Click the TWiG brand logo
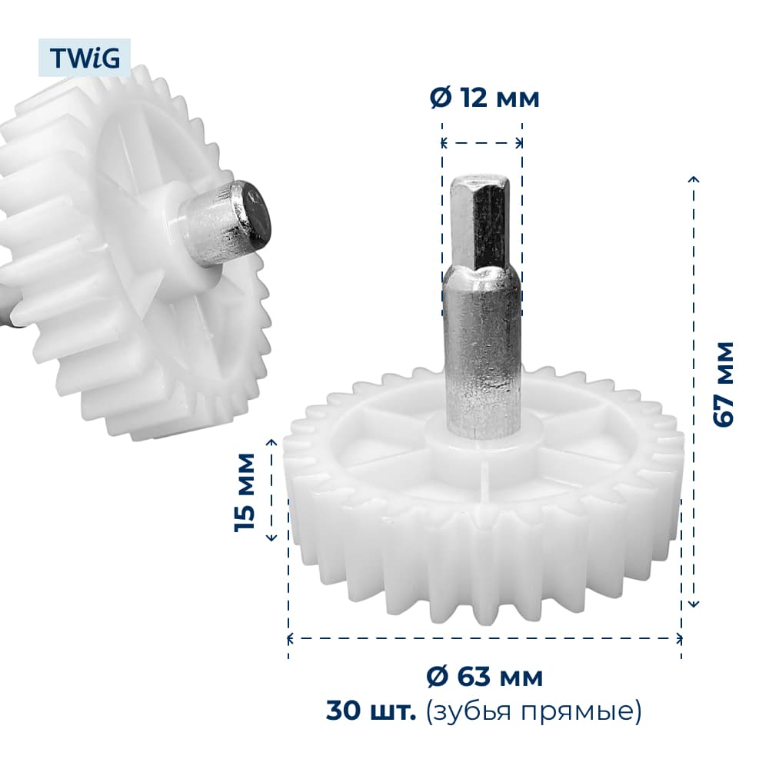click(85, 58)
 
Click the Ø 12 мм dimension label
click(484, 98)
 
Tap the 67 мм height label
click(724, 384)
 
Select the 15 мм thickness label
click(245, 492)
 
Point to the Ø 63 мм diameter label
click(484, 677)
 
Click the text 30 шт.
click(371, 711)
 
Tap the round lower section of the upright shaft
click(481, 354)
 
